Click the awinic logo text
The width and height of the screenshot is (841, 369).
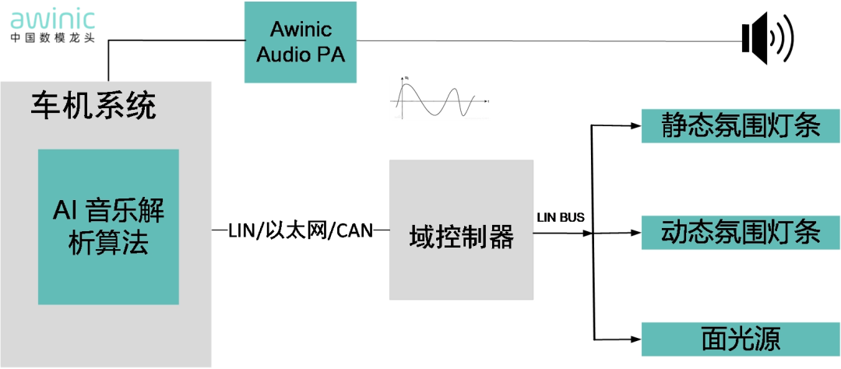pos(52,16)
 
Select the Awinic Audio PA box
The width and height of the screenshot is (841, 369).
pos(301,42)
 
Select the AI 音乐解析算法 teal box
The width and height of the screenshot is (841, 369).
pos(108,227)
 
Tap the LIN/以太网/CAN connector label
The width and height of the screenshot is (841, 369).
pos(301,230)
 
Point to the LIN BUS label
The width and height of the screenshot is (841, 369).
pos(561,216)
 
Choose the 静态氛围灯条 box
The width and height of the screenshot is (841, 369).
pos(740,125)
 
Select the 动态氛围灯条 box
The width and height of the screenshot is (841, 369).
pos(740,232)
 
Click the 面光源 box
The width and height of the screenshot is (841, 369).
pos(740,339)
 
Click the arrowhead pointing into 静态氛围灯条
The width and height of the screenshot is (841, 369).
pos(635,125)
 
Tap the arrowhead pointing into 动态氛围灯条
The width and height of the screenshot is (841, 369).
pos(635,232)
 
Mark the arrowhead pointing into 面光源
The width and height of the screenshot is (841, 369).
pos(635,339)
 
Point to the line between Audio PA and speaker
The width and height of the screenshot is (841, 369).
pos(545,40)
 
